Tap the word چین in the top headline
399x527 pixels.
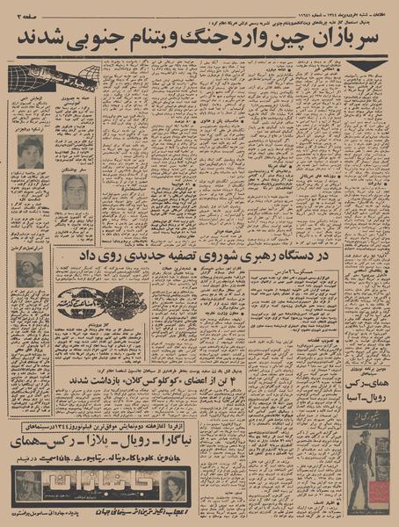pyautogui.click(x=295, y=41)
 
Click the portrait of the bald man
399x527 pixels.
pyautogui.click(x=75, y=191)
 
